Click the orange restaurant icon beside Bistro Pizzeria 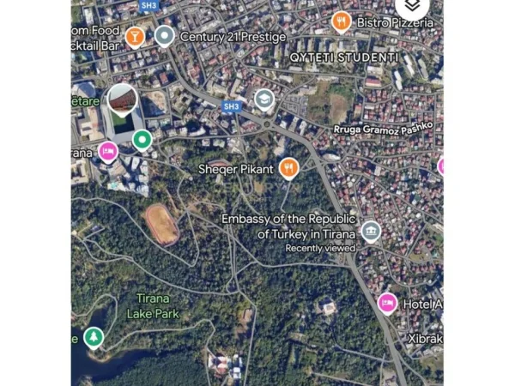342,21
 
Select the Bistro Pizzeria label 395,22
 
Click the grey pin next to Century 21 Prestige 164,36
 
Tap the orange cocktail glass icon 135,37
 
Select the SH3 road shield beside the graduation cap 231,106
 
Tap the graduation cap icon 264,100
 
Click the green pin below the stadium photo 142,138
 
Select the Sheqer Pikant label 236,169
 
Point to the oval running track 161,223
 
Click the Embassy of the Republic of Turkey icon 370,232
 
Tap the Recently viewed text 321,248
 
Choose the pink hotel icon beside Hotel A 387,303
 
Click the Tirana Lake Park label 153,306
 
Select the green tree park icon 95,338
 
